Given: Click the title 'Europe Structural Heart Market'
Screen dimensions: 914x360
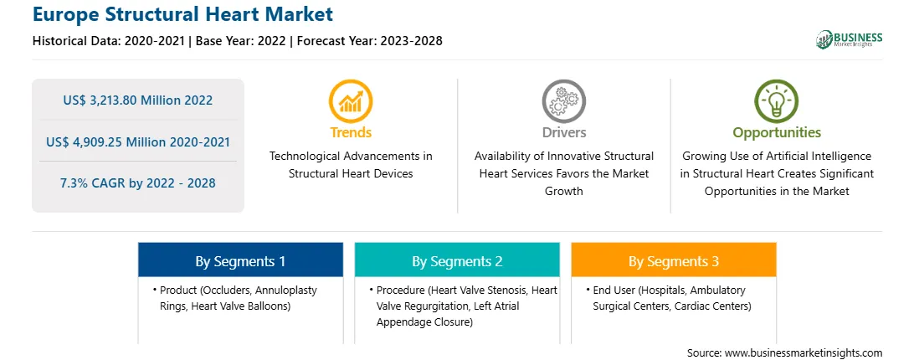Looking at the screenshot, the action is tap(182, 14).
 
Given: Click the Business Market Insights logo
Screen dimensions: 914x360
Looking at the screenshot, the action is tap(849, 39).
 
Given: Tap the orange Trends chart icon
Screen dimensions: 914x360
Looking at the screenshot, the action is tap(351, 101).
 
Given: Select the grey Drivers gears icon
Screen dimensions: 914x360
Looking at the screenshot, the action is tap(563, 101).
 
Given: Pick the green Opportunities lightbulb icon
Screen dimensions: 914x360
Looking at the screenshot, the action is tap(777, 101).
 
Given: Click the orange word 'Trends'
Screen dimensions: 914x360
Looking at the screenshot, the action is tap(351, 132).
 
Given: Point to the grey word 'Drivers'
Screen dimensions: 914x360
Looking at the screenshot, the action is tap(564, 132).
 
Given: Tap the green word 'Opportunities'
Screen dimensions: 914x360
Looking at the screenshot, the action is tap(777, 133).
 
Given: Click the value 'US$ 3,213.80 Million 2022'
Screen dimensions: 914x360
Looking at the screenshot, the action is tap(138, 100).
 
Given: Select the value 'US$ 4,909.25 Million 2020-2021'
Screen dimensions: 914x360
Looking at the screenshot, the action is tap(138, 141).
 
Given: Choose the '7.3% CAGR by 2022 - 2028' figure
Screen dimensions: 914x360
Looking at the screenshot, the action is tap(138, 183).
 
